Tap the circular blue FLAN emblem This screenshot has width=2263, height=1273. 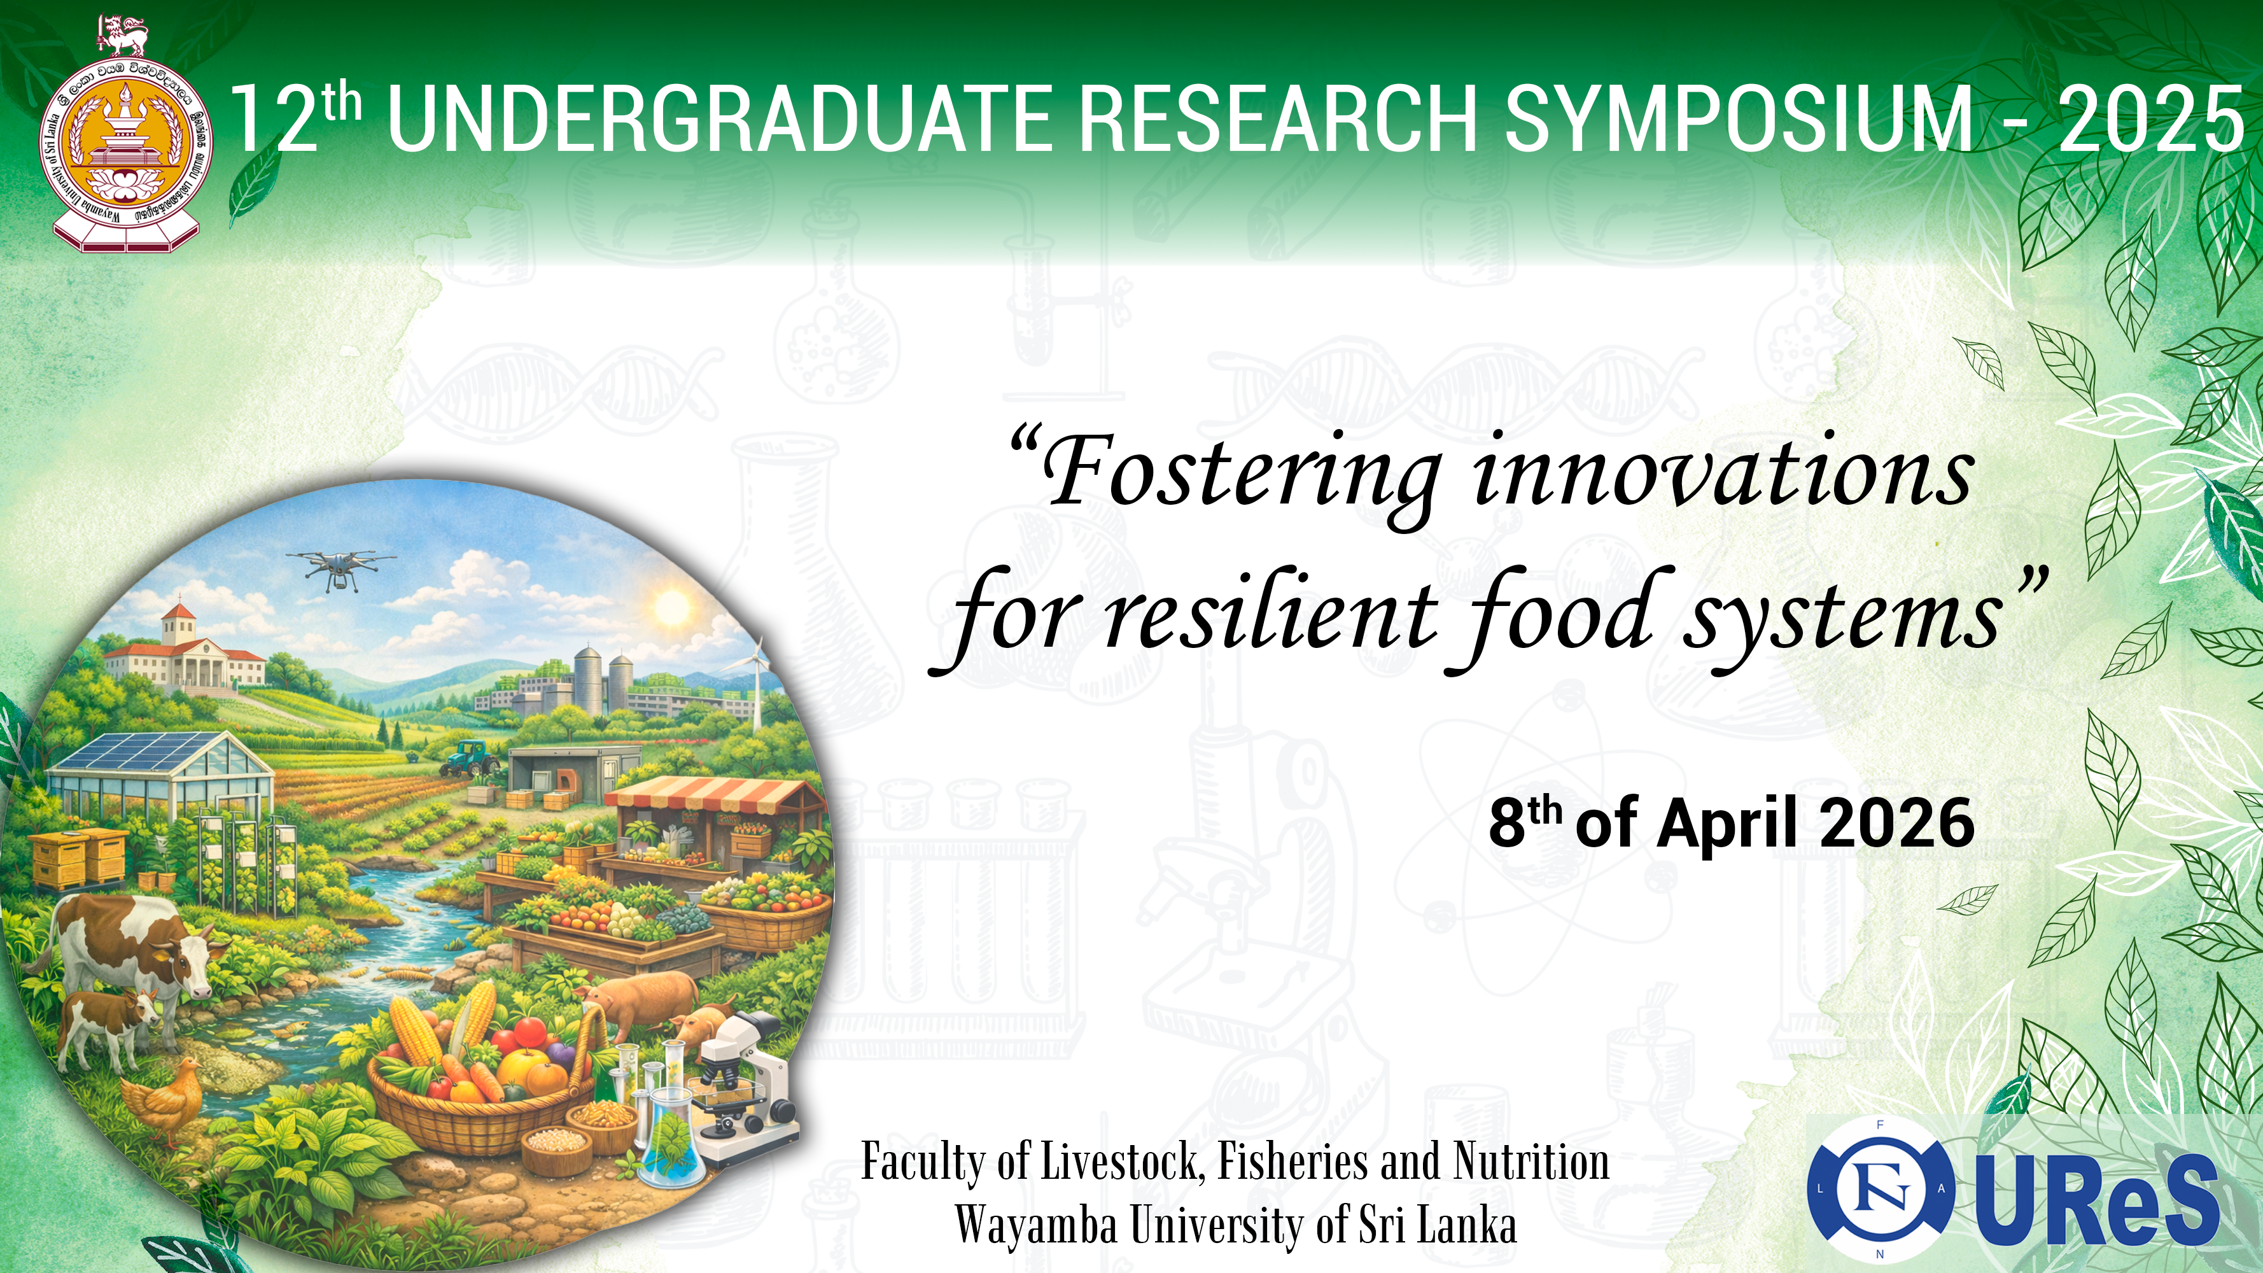(1880, 1190)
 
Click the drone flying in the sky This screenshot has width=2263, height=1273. (340, 566)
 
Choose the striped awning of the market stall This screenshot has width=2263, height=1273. (711, 794)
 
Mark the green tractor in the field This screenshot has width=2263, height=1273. (470, 758)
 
